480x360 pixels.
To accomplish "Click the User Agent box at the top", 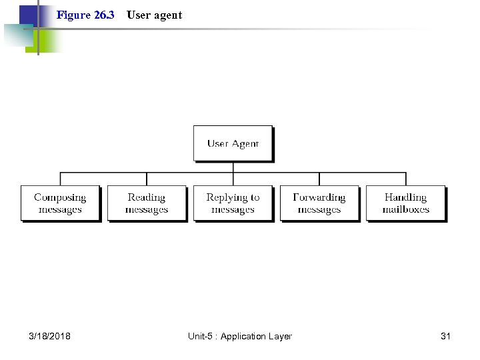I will pyautogui.click(x=233, y=143).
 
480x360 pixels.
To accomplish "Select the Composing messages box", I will pyautogui.click(x=60, y=203).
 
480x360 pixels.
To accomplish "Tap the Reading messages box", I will pyautogui.click(x=147, y=203).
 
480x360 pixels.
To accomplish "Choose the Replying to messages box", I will pyautogui.click(x=233, y=203).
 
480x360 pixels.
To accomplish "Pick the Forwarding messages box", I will pyautogui.click(x=319, y=203).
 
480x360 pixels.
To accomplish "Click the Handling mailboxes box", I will pyautogui.click(x=405, y=203).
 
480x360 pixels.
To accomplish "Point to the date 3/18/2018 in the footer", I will pyautogui.click(x=49, y=336).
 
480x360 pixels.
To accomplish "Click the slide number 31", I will pyautogui.click(x=445, y=336).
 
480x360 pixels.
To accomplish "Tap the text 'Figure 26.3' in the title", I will pyautogui.click(x=85, y=15).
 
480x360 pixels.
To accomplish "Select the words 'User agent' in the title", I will pyautogui.click(x=154, y=15).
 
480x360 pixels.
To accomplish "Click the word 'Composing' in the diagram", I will pyautogui.click(x=60, y=197).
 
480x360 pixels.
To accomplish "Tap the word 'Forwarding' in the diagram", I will pyautogui.click(x=319, y=197).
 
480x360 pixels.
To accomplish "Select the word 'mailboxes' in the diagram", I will pyautogui.click(x=405, y=209).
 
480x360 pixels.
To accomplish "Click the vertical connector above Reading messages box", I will pyautogui.click(x=147, y=179).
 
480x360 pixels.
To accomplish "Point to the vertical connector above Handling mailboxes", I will pyautogui.click(x=405, y=179).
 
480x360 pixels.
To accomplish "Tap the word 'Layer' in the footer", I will pyautogui.click(x=280, y=336).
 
